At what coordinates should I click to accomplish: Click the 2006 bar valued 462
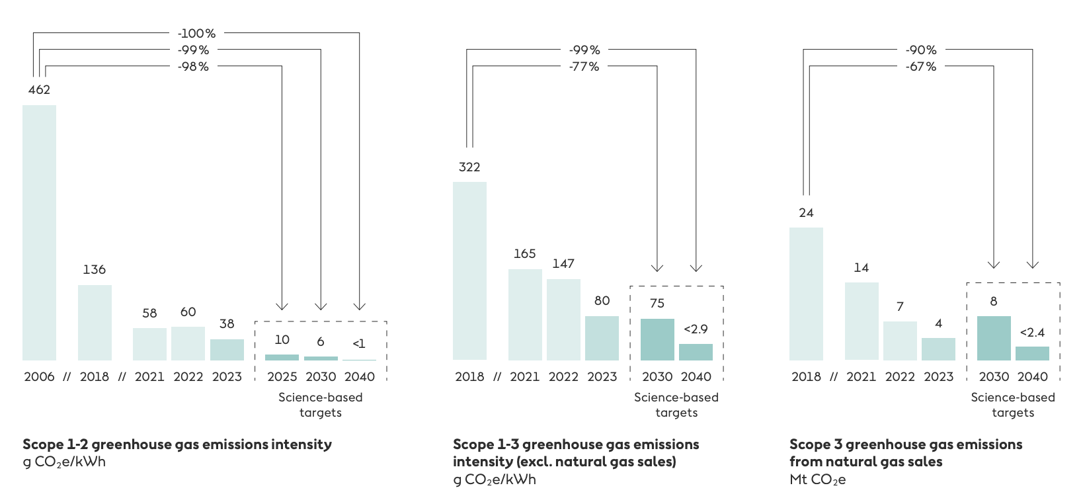coord(39,232)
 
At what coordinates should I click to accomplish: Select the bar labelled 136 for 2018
coord(95,322)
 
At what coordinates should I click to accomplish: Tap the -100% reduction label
coord(196,33)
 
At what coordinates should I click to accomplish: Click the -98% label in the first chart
coord(193,66)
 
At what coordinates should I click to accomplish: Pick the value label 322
coord(469,167)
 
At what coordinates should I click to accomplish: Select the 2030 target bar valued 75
coord(657,339)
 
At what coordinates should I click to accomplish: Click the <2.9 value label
coord(696,329)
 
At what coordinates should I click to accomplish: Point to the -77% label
coord(584,66)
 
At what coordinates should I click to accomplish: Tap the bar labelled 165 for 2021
coord(525,314)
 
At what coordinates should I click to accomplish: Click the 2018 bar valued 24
coord(806,294)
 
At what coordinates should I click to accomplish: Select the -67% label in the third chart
coord(921,66)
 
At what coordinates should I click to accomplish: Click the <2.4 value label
coord(1032,332)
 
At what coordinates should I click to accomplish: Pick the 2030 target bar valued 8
coord(994,338)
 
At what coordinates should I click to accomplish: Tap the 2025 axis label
coord(282,376)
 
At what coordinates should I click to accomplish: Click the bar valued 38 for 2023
coord(227,349)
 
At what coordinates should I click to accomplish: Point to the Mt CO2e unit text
coord(817,480)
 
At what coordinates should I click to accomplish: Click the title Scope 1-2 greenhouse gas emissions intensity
coord(177,444)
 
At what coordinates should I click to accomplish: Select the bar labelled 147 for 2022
coord(563,319)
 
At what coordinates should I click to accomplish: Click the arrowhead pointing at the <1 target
coord(359,306)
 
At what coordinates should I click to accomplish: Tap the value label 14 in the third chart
coord(861,267)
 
